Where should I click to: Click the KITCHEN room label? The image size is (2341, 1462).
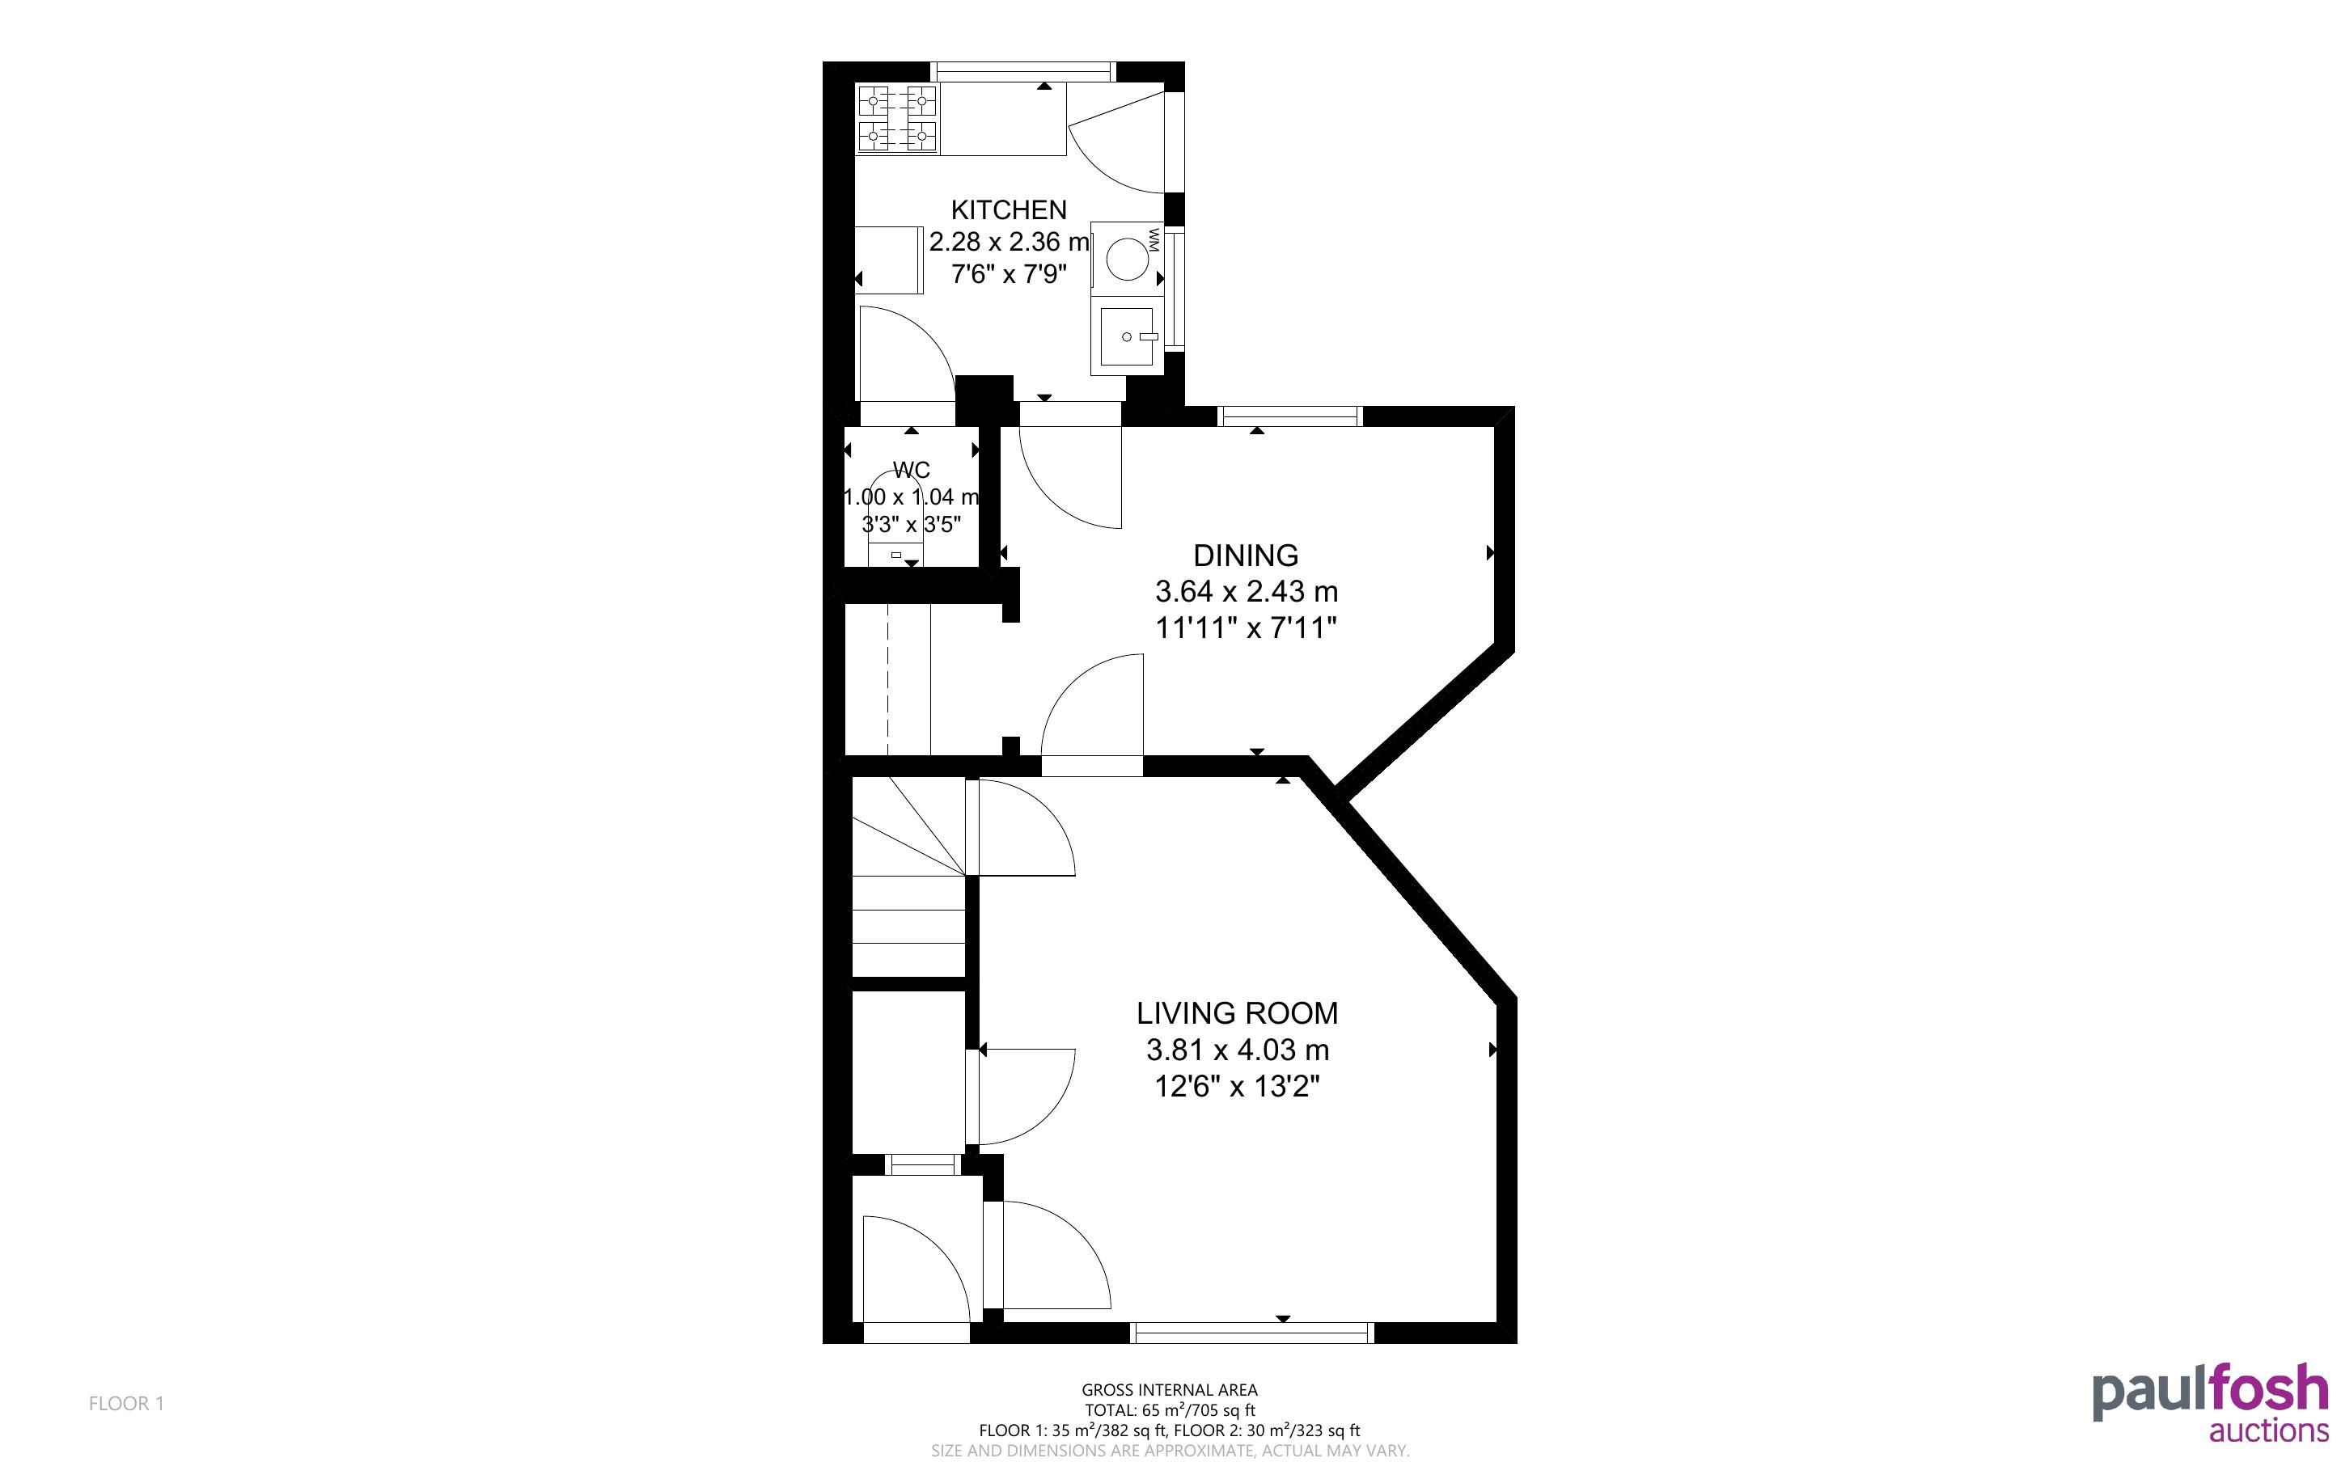1009,209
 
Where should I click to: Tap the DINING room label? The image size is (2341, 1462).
1246,555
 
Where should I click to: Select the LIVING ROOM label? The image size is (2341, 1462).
1237,1013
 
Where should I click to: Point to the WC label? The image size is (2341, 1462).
911,470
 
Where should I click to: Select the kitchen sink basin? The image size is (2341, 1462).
1128,336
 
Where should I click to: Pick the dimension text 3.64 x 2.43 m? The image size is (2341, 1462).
1247,591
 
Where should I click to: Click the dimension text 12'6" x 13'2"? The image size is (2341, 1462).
1238,1087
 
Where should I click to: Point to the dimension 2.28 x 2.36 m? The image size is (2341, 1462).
1010,242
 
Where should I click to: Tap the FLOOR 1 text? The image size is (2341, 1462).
127,1403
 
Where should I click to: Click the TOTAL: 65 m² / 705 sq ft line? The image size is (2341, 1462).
1170,1409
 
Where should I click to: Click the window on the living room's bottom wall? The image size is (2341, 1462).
1252,1333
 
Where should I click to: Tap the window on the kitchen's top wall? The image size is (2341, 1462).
1024,70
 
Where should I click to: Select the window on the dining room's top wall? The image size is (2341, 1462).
1290,416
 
